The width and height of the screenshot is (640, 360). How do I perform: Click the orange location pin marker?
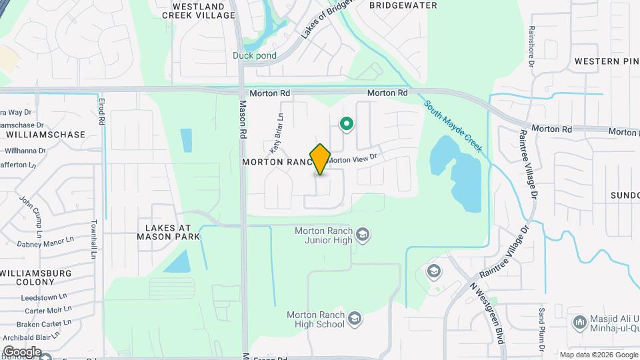[x=320, y=159]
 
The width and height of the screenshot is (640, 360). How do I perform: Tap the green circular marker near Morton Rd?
[x=346, y=123]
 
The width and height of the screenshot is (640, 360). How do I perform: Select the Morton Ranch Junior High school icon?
[x=363, y=235]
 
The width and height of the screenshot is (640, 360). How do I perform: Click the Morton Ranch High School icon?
[x=355, y=318]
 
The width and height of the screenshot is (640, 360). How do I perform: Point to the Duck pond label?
[x=253, y=56]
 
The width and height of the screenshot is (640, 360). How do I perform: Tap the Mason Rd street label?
[x=243, y=120]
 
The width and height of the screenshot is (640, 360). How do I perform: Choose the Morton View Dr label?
[x=351, y=159]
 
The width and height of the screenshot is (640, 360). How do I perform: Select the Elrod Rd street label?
[x=101, y=112]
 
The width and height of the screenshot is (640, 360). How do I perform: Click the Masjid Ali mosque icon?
[x=579, y=323]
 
